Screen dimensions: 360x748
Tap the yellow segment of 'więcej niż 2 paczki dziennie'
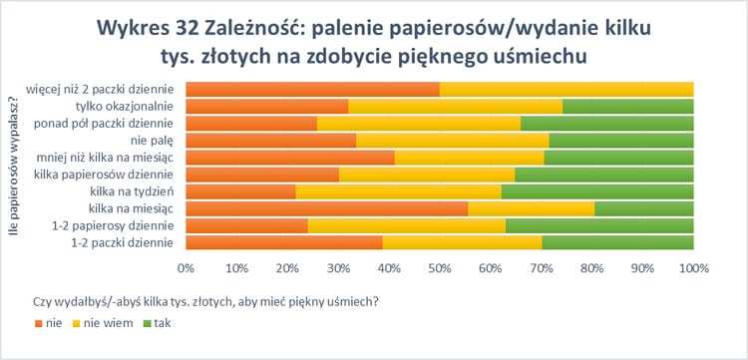pyautogui.click(x=565, y=89)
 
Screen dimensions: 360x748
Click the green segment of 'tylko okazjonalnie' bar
pyautogui.click(x=627, y=106)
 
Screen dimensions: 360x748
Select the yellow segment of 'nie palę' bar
pyautogui.click(x=452, y=140)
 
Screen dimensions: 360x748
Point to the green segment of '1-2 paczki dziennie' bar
pyautogui.click(x=617, y=242)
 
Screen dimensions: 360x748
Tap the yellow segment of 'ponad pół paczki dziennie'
pyautogui.click(x=418, y=123)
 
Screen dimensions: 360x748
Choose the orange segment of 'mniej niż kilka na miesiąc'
pyautogui.click(x=289, y=157)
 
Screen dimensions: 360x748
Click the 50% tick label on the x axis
pyautogui.click(x=439, y=268)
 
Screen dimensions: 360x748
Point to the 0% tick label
pyautogui.click(x=186, y=268)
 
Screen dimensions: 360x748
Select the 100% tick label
pyautogui.click(x=692, y=268)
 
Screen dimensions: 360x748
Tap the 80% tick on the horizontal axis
pyautogui.click(x=591, y=268)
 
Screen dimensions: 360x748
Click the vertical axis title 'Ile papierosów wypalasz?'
pyautogui.click(x=14, y=166)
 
